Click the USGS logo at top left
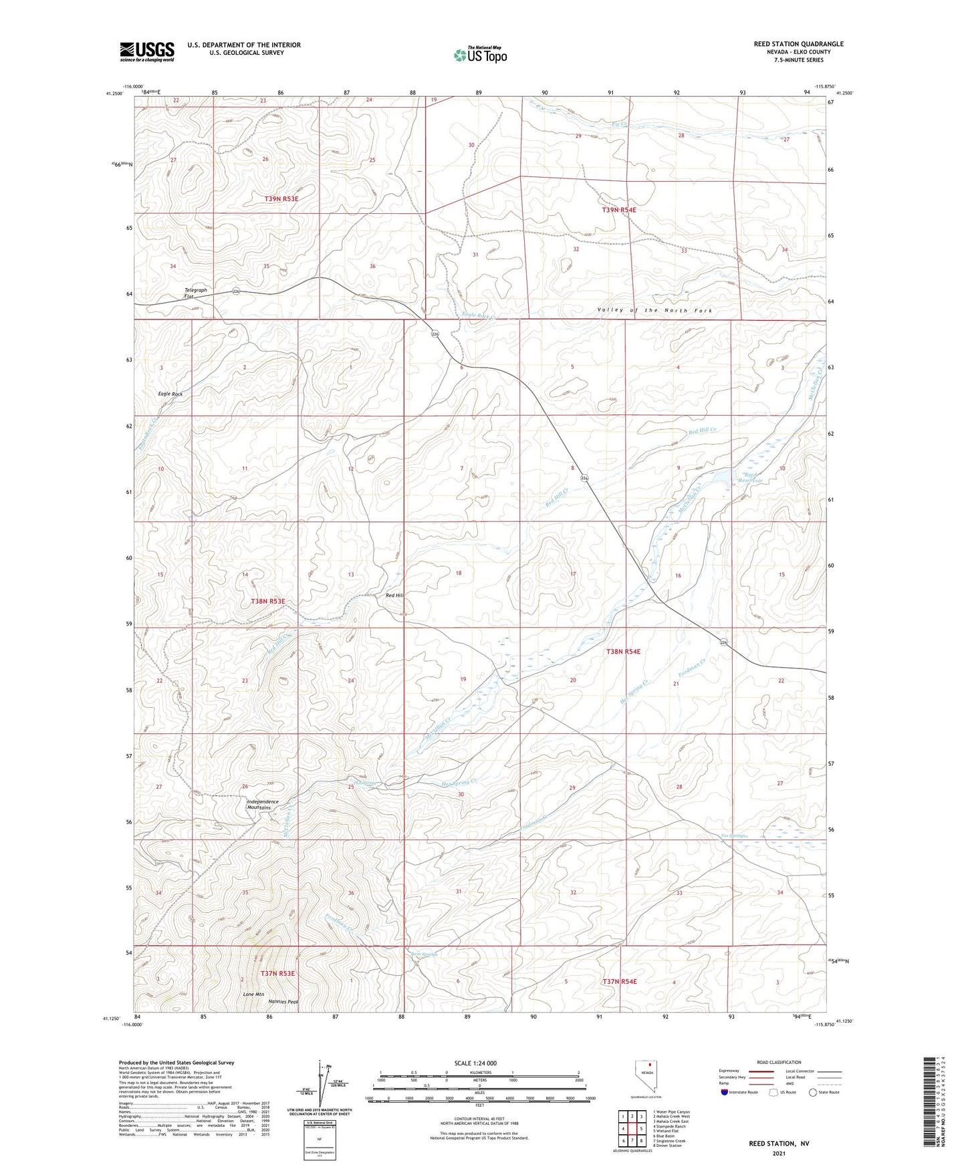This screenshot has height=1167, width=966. pos(147,51)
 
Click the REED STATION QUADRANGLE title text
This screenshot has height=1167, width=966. pos(798,44)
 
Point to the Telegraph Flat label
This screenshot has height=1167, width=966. pos(196,293)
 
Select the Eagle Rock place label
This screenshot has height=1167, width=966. pos(170,394)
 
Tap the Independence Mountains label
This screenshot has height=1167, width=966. pos(263,805)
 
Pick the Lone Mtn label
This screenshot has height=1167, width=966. pos(253,994)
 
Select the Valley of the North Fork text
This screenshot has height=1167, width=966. pos(654,310)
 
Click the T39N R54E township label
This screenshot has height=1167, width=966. pos(619,210)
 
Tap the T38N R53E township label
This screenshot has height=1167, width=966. pos(268,602)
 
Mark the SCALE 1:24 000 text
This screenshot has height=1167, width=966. pos(479,1063)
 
